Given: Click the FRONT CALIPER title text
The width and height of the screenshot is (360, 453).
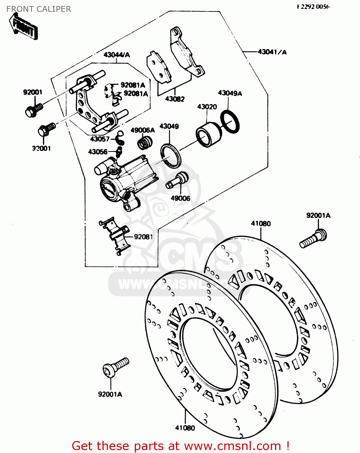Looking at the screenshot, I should tap(39, 9).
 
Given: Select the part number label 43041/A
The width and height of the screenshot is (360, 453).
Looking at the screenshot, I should tap(272, 52).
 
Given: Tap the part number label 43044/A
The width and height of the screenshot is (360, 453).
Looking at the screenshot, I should tap(116, 55).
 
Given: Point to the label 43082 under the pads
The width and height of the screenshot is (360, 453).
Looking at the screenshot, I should tap(175, 99).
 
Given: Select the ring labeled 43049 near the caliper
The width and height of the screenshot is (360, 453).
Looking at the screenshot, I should tap(171, 155).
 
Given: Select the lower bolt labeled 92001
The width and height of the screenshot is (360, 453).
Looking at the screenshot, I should tap(46, 129).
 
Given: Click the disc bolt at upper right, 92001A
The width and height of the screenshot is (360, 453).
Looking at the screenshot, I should tap(313, 239).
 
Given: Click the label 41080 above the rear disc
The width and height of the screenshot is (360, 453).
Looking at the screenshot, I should tap(261, 223).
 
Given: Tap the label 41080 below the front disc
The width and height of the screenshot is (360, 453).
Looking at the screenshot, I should tap(185, 428).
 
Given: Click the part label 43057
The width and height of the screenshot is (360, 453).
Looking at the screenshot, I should tap(99, 139).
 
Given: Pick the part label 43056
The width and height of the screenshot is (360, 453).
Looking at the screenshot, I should tap(98, 152).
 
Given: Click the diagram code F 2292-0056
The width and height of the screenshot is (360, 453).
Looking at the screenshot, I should tap(313, 7).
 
